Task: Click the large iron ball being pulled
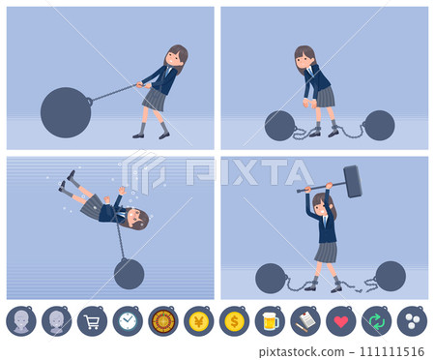(66, 112)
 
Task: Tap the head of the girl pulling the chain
(175, 57)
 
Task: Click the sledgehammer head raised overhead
(352, 180)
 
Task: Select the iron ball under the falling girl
(129, 274)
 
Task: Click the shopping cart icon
(92, 320)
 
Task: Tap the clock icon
(128, 320)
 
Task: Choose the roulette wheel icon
(163, 320)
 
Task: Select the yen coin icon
(198, 320)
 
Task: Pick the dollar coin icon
(234, 320)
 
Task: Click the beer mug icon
(270, 320)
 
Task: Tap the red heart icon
(340, 320)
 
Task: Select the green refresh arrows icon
(376, 320)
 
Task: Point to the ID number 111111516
(391, 351)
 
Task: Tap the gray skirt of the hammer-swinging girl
(325, 252)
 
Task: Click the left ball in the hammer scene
(271, 279)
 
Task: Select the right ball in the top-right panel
(379, 125)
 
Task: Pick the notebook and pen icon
(304, 320)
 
